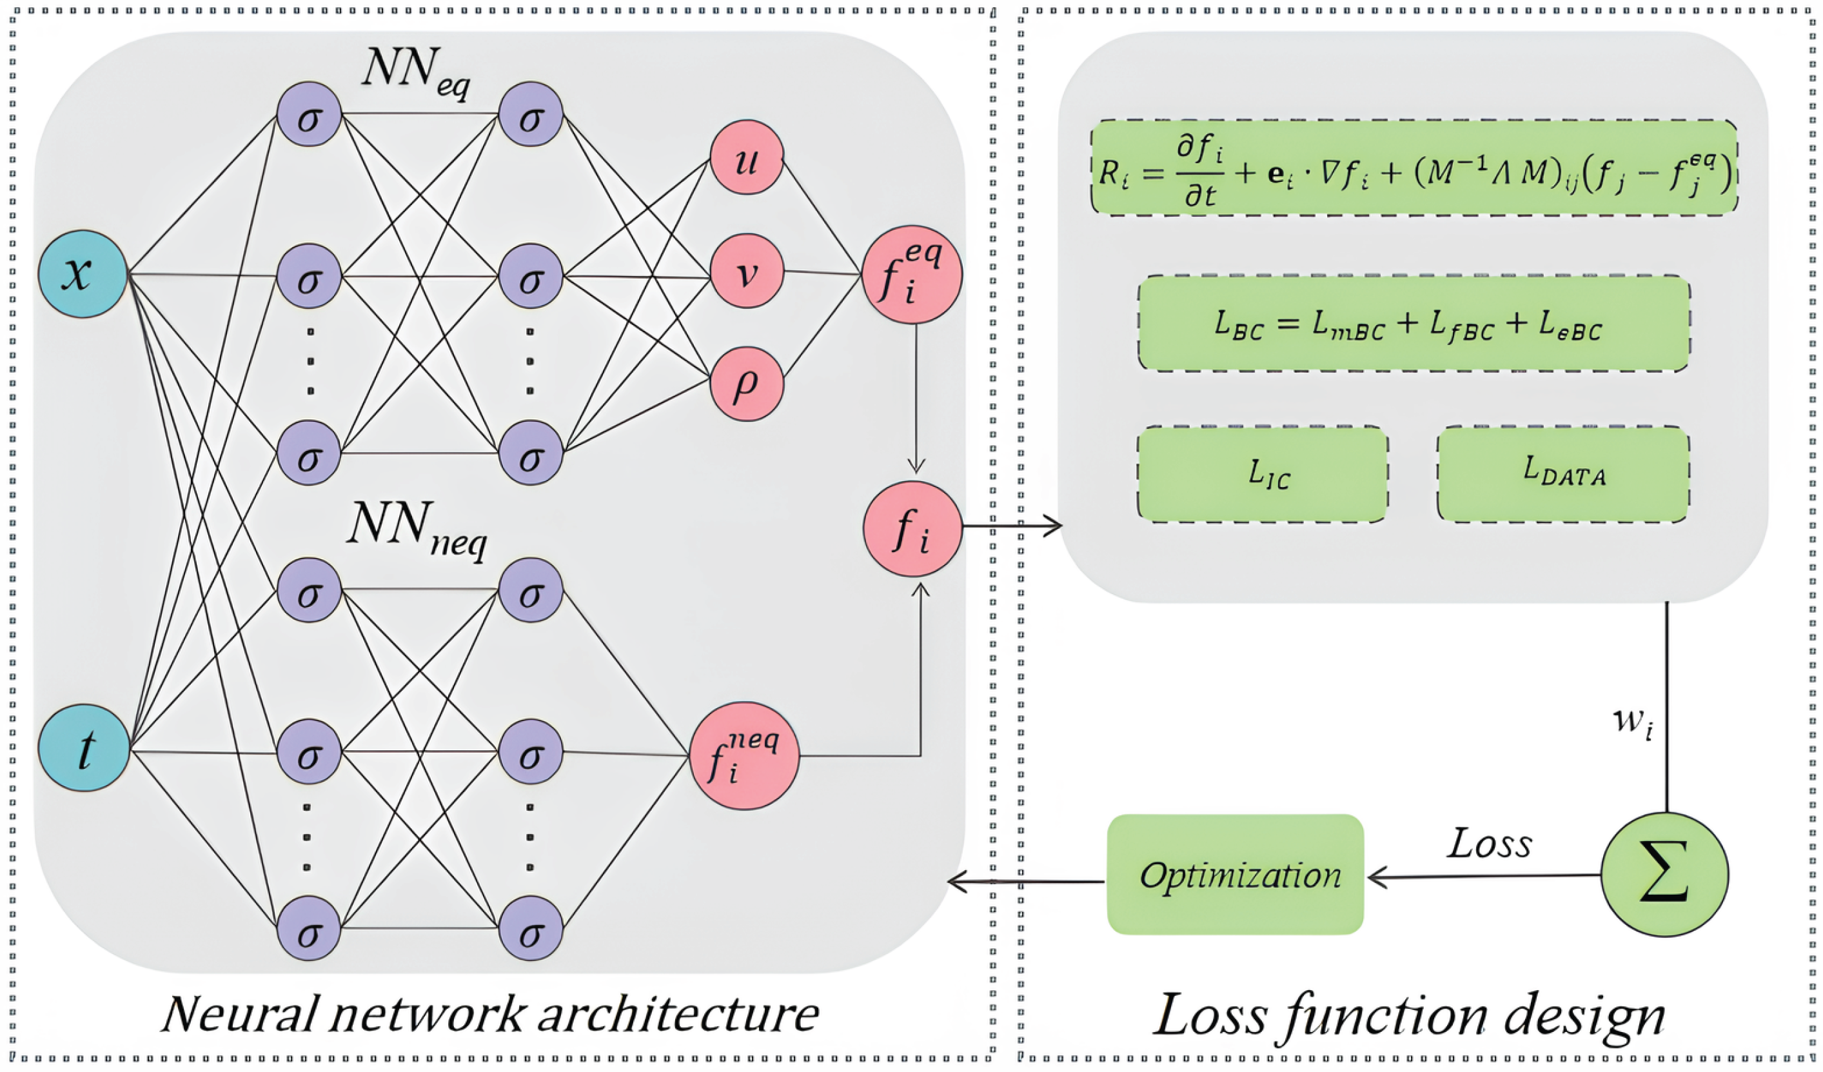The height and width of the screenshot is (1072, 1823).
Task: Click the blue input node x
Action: [83, 274]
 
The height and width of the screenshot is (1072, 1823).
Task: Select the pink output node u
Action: [747, 157]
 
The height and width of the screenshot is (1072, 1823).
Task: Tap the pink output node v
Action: [747, 272]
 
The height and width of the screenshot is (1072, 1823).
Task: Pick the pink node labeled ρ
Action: [747, 384]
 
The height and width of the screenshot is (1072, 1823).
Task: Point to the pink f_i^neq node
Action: [744, 756]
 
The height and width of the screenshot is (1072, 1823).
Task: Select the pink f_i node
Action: [912, 529]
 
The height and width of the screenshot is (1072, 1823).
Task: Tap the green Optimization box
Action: [1235, 875]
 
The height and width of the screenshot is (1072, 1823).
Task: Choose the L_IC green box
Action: [1263, 474]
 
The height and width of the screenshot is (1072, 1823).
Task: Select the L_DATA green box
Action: [1563, 474]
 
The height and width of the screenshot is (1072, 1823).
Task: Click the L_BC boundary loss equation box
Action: [1414, 323]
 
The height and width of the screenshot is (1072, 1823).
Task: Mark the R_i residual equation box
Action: [1414, 168]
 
